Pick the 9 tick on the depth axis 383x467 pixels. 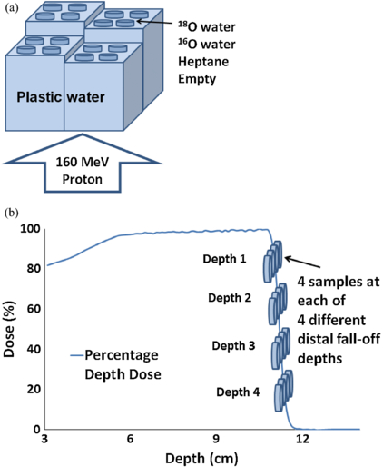point(216,440)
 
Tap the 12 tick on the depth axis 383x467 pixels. point(302,440)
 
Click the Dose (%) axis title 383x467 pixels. point(10,328)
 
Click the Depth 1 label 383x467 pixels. point(224,259)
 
